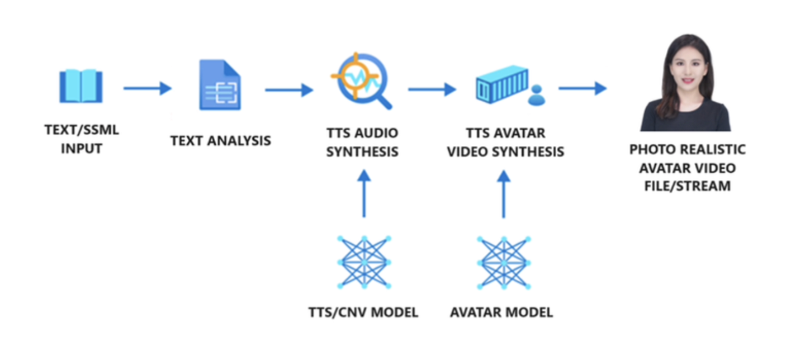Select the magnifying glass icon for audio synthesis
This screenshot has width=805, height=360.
coord(361,80)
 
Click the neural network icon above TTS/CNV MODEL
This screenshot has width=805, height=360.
coord(364,262)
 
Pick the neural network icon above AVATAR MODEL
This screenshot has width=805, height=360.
coord(504,262)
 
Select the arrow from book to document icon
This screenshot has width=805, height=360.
coord(147,88)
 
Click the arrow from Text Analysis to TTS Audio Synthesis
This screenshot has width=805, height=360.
coord(288,89)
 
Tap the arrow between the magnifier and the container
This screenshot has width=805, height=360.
coord(432,89)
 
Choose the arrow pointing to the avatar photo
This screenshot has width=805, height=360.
coord(582,88)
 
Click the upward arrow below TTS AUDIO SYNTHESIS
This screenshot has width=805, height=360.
coord(364,193)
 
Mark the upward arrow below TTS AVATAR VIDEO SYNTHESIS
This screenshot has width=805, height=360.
coord(504,193)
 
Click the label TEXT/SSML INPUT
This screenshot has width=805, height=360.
coord(82,140)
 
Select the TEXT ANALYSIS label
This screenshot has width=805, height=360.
coord(221,140)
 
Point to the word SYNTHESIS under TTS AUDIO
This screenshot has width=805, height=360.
coord(363,151)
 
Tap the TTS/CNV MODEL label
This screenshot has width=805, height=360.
coord(363,312)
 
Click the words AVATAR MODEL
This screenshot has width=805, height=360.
coord(501,312)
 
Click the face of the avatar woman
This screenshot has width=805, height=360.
coord(685,69)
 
